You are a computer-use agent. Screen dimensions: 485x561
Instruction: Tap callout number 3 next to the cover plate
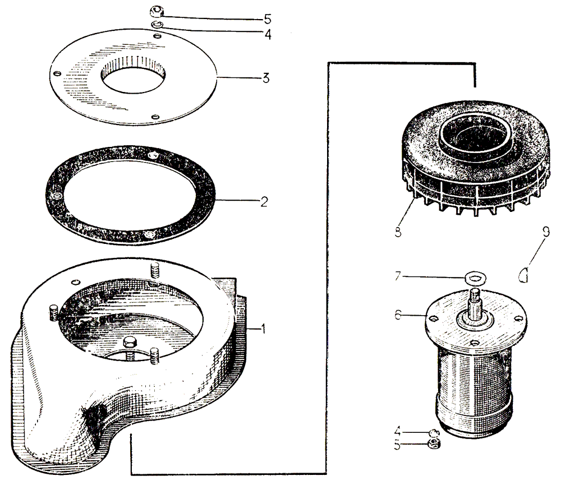(x=265, y=78)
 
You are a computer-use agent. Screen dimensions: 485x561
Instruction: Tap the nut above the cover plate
(x=155, y=11)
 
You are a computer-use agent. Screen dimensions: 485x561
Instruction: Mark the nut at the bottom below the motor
(x=433, y=445)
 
